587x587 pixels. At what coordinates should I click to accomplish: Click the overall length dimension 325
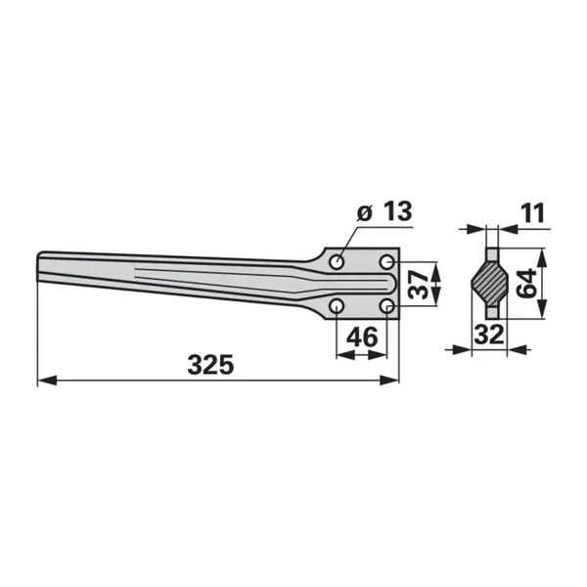tap(210, 365)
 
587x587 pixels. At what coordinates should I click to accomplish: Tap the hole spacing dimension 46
tap(362, 337)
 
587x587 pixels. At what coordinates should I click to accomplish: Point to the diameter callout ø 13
tap(384, 211)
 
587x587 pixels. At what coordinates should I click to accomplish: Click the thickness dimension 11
tap(530, 213)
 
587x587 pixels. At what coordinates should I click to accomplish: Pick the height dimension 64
tap(526, 283)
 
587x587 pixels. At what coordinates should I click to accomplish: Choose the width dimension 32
tap(489, 335)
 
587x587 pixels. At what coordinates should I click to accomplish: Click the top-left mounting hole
tap(337, 262)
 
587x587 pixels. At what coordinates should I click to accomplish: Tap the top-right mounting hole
tap(387, 262)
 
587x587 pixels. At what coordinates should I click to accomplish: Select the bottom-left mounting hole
tap(337, 307)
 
